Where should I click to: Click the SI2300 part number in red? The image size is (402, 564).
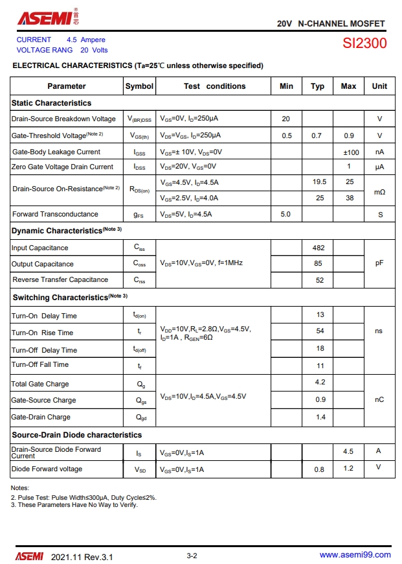point(364,44)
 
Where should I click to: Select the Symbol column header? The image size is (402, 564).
point(139,86)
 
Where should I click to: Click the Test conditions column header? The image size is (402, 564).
point(214,86)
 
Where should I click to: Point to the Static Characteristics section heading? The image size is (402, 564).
point(51,103)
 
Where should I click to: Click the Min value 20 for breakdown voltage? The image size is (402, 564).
point(286,119)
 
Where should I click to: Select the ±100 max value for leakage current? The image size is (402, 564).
point(351,152)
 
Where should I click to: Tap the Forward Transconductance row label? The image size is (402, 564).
point(55,214)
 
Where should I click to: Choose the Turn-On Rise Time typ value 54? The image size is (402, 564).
point(320,331)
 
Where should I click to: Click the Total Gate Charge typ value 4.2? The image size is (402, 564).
point(320,382)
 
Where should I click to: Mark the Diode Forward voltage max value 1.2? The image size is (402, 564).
point(348,468)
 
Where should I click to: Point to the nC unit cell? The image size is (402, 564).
point(379,400)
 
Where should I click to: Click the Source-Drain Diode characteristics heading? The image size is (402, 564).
point(76,435)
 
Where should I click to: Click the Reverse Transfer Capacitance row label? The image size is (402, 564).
point(60,279)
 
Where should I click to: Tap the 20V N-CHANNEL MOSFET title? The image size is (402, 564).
point(331,23)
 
